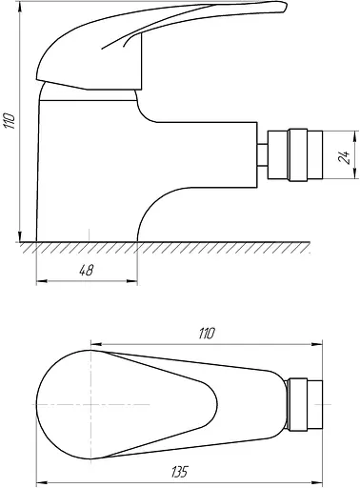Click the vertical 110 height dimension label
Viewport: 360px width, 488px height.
coord(10,120)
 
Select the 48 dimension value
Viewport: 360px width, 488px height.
coord(86,271)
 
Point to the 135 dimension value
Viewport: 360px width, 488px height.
coord(179,472)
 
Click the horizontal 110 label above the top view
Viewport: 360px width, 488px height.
coord(207,334)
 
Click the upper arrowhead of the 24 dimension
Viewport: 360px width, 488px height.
coord(355,135)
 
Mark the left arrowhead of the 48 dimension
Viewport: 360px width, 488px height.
coord(42,281)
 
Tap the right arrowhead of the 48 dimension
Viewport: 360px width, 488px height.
coord(132,281)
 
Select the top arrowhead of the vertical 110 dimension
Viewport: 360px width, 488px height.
coord(20,7)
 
